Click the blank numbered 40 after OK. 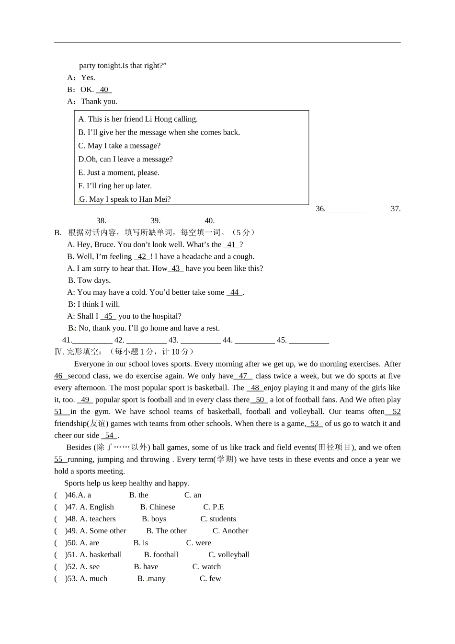tap(104, 90)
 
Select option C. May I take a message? tap(119, 146)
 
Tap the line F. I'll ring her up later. tap(115, 186)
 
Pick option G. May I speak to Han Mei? tap(125, 199)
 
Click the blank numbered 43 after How tap(175, 269)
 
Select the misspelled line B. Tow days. tap(89, 281)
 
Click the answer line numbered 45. tap(308, 340)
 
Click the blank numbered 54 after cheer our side tap(109, 436)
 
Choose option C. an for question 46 tap(193, 495)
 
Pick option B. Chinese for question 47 tap(158, 507)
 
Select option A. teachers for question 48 tap(98, 519)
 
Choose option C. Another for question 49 tap(230, 531)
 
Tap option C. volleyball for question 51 tap(229, 555)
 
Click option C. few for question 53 tap(210, 579)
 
